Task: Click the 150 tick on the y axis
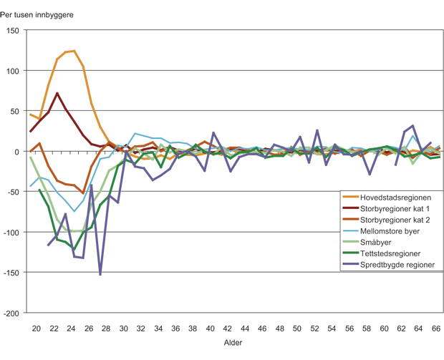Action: pos(13,31)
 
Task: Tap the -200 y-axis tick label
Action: pos(11,313)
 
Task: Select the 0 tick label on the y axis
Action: pos(17,152)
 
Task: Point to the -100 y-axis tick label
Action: pos(11,233)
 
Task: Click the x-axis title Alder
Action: pos(233,345)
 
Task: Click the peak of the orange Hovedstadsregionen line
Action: pos(74,51)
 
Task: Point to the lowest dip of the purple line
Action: pos(100,274)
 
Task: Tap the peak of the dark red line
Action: pos(57,93)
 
